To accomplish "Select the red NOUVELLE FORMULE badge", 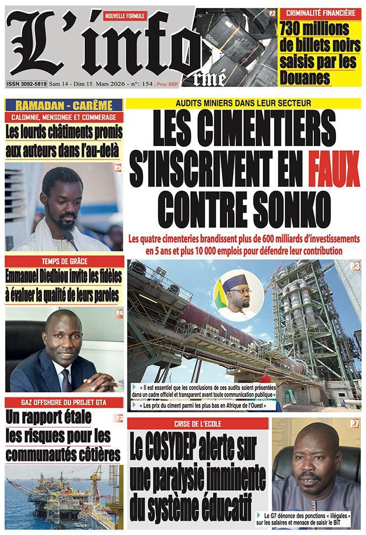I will tap(125, 17).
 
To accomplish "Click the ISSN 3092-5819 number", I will tap(26, 84).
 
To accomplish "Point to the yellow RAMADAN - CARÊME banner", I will tap(64, 105).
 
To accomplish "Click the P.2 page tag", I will tap(272, 12).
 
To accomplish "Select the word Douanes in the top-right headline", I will tap(304, 78).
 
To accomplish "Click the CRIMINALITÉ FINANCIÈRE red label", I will tap(320, 12).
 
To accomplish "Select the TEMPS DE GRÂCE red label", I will tap(64, 261).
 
